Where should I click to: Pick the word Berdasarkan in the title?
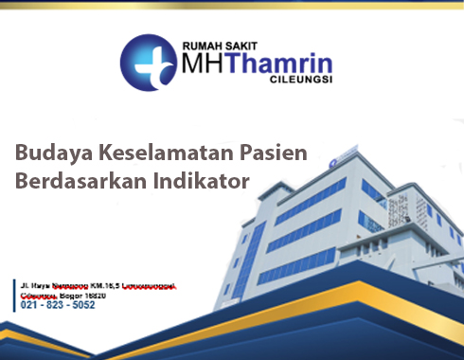pyautogui.click(x=73, y=181)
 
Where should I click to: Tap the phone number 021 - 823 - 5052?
pyautogui.click(x=58, y=305)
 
